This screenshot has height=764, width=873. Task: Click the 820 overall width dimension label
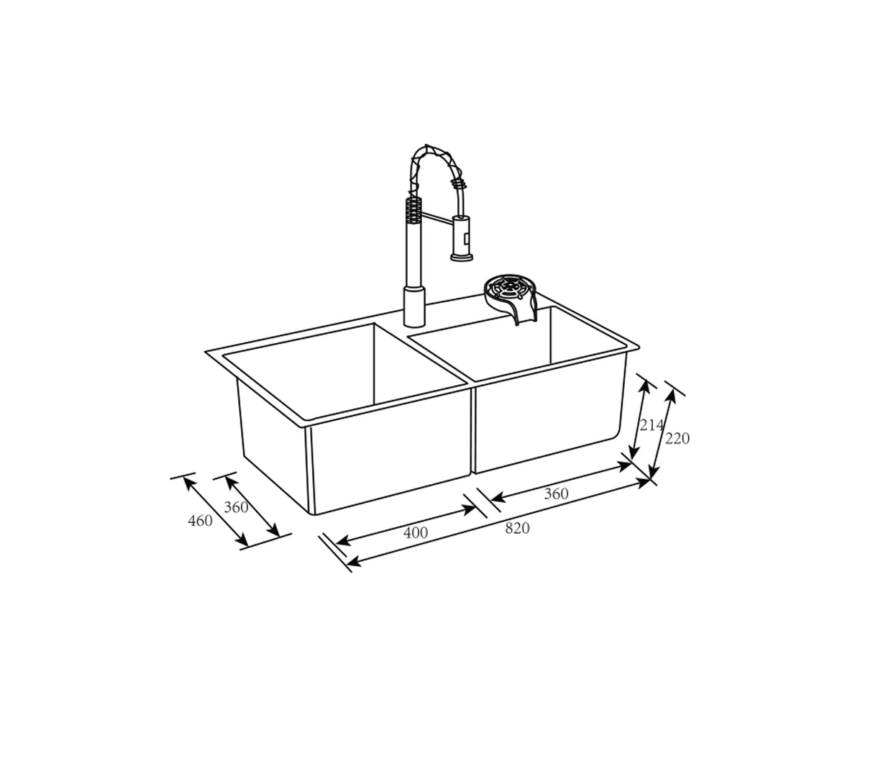[x=517, y=528]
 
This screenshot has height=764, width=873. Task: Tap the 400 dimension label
[x=416, y=532]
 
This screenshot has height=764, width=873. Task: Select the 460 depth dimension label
[x=200, y=521]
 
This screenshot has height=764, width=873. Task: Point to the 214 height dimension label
[x=652, y=425]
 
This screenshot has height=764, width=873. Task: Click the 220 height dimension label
[x=677, y=438]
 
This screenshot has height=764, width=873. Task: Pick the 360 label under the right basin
[x=556, y=494]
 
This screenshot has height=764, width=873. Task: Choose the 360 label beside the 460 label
[x=236, y=507]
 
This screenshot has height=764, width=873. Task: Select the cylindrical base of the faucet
[x=414, y=306]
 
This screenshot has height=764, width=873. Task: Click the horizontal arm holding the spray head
[x=436, y=217]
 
